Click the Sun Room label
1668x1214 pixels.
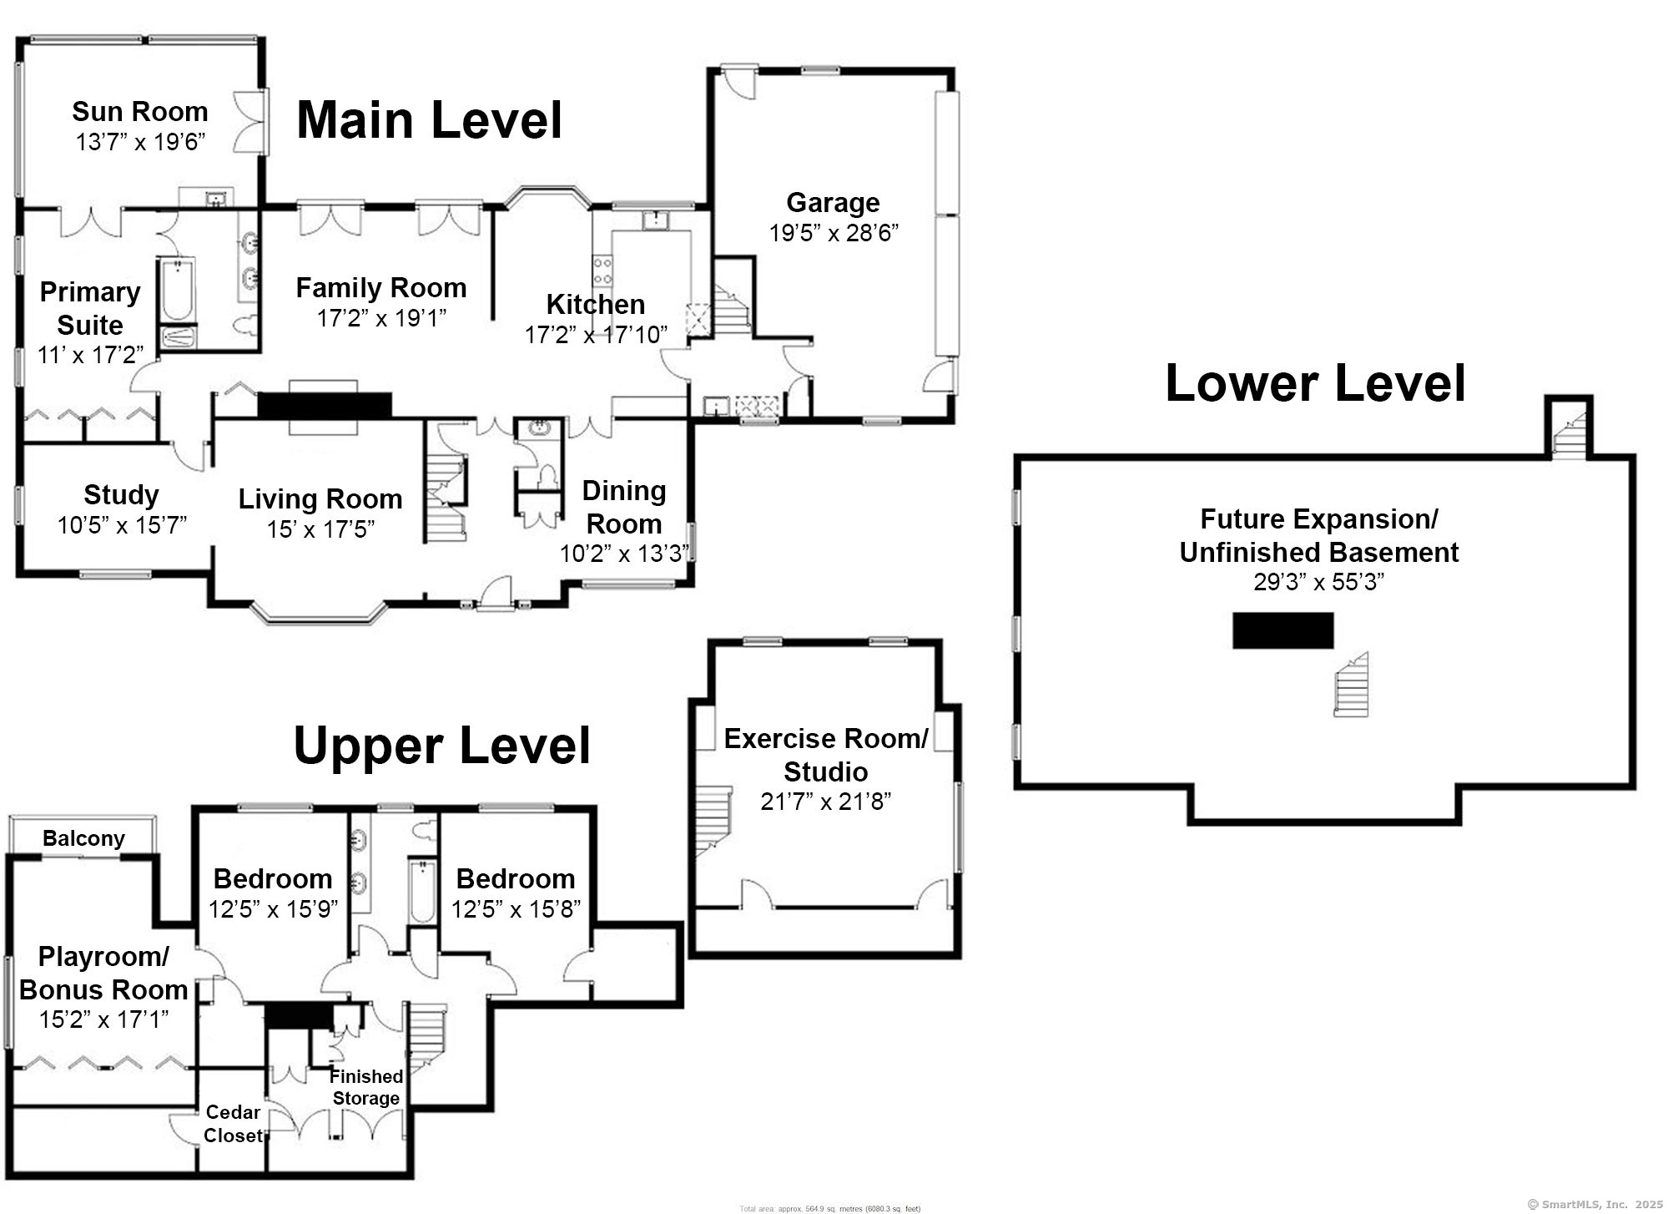139,111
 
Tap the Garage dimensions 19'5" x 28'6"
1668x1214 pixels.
833,233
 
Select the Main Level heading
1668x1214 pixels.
429,119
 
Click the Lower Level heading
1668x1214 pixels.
1315,383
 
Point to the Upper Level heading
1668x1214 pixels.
441,746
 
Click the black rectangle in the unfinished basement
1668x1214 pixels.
1282,630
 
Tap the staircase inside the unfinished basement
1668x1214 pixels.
1351,685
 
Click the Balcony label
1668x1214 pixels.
83,838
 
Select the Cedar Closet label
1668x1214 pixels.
233,1123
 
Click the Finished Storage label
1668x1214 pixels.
365,1086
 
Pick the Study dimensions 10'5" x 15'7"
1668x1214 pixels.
122,525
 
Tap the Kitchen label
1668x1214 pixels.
595,304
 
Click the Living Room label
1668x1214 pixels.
320,498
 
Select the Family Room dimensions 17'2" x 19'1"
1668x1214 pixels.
381,318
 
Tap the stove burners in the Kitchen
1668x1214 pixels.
602,271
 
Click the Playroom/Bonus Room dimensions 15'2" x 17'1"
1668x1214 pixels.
103,1019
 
